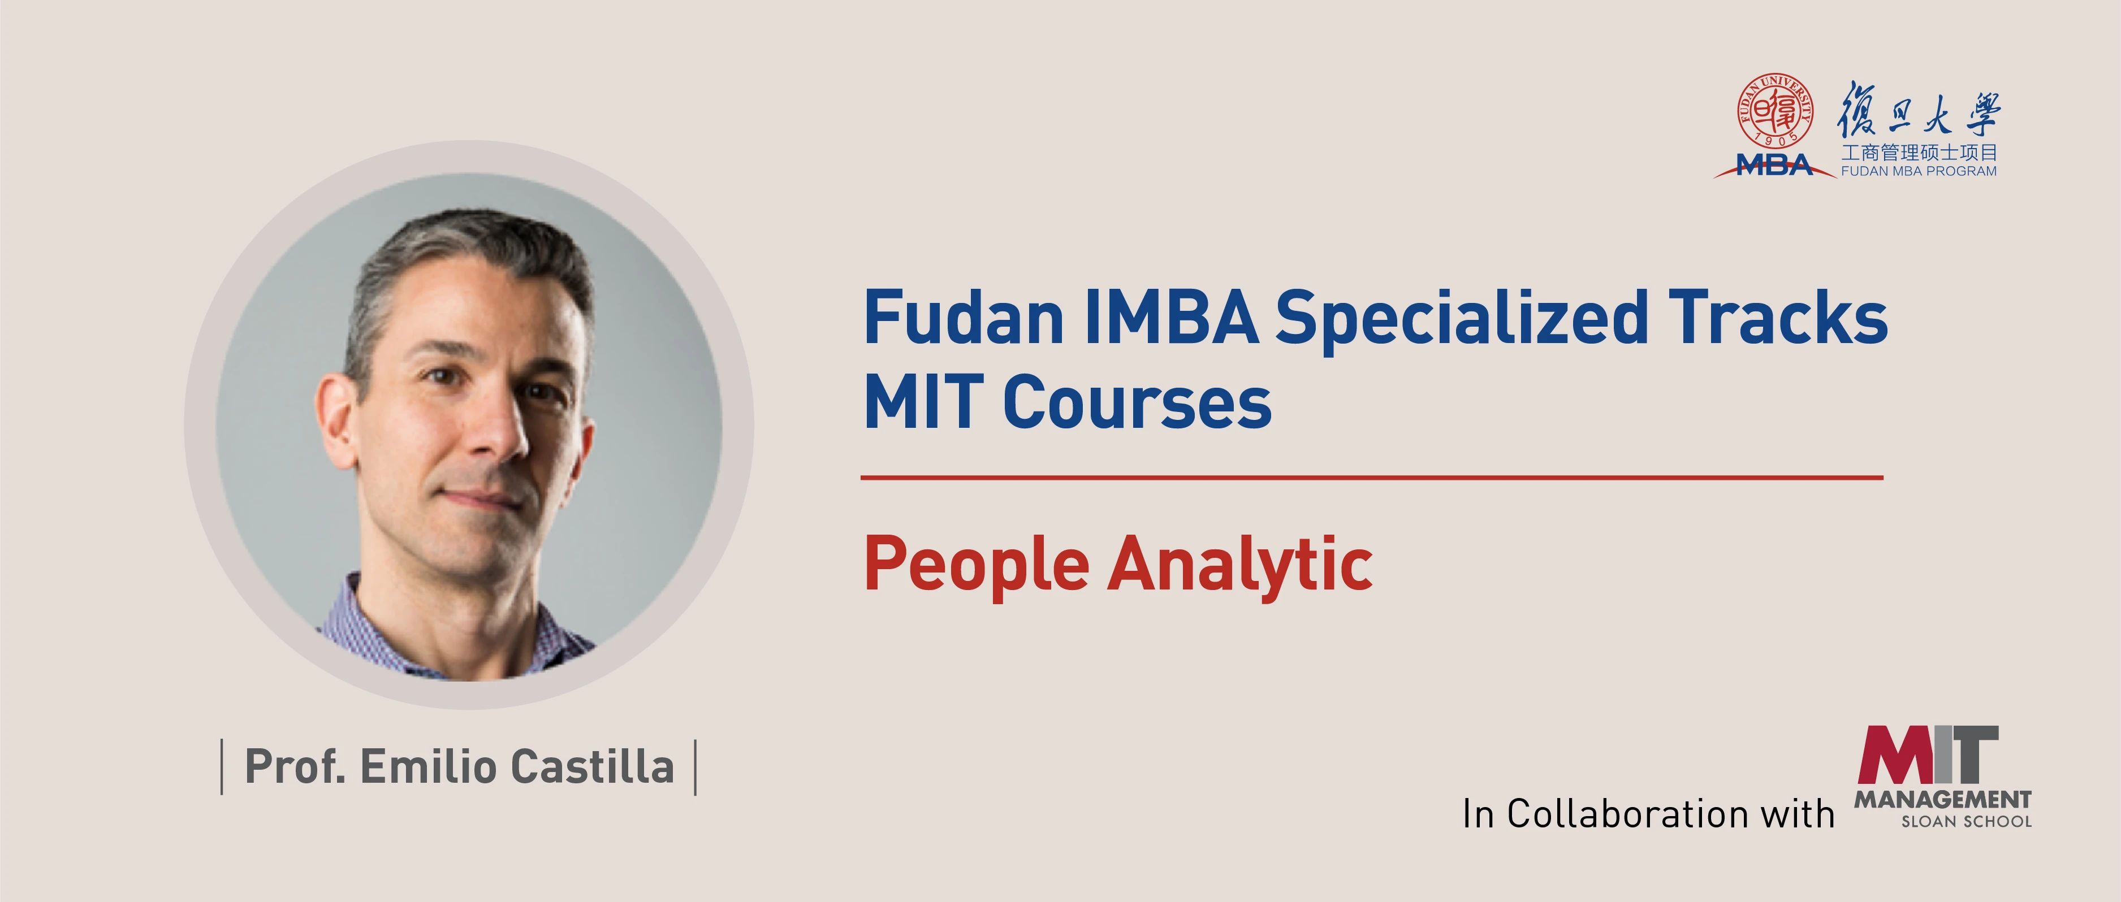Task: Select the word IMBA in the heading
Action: point(1172,318)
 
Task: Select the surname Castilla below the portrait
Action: point(592,767)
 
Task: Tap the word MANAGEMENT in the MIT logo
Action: point(1942,799)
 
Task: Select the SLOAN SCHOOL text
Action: point(1966,821)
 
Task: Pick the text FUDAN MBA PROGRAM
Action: point(1919,171)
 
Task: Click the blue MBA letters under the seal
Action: point(1774,166)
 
